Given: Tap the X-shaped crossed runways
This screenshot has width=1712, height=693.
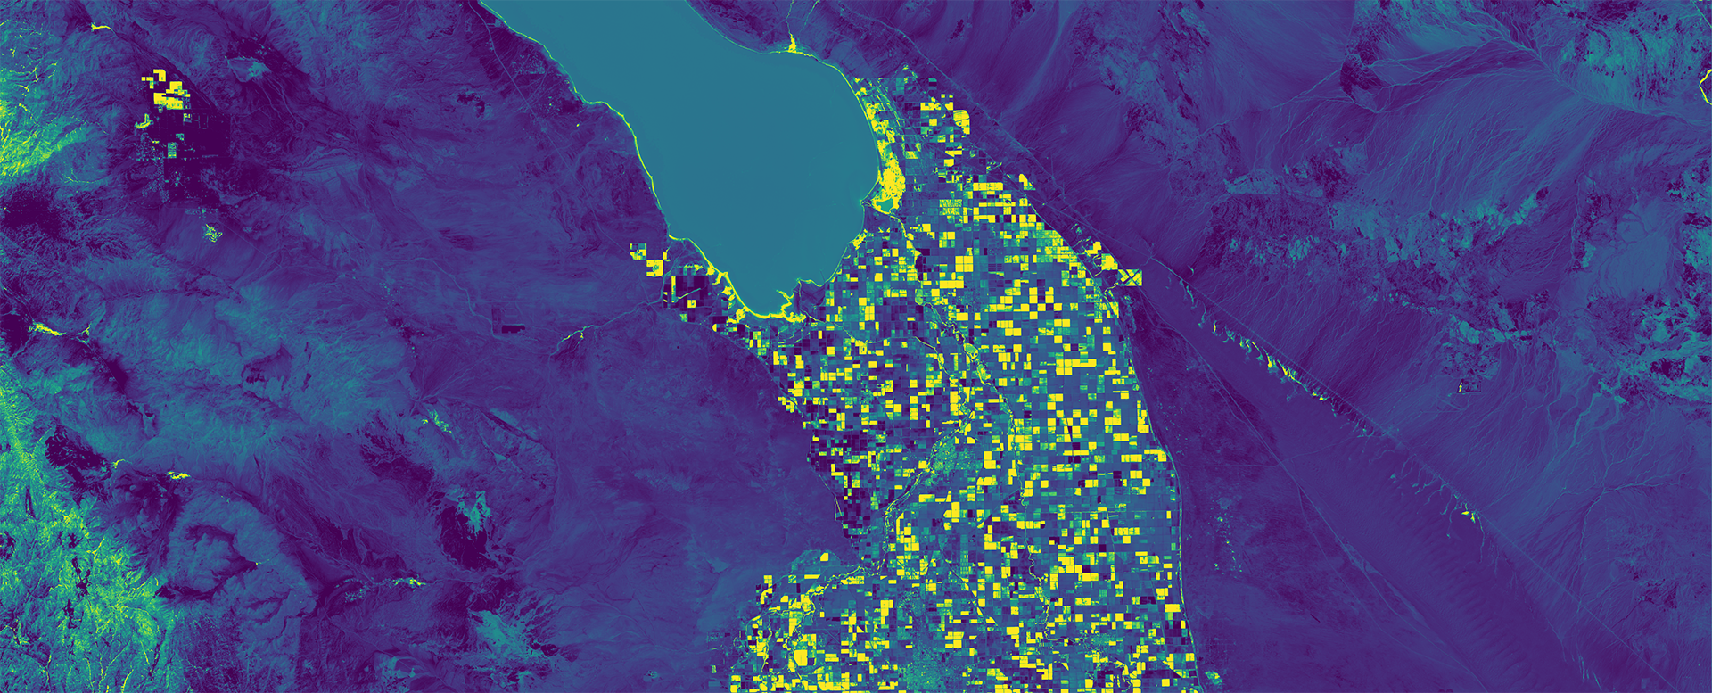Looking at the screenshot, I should (1130, 277).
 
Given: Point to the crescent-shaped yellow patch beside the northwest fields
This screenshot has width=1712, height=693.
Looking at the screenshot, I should (143, 121).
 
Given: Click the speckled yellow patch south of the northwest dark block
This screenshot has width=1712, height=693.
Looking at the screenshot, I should (212, 234).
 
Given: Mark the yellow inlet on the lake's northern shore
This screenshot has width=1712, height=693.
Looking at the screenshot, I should (791, 42).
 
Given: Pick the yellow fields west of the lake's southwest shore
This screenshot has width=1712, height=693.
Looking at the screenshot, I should (649, 259).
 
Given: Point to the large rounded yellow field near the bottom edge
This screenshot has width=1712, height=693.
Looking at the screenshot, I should (797, 657).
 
